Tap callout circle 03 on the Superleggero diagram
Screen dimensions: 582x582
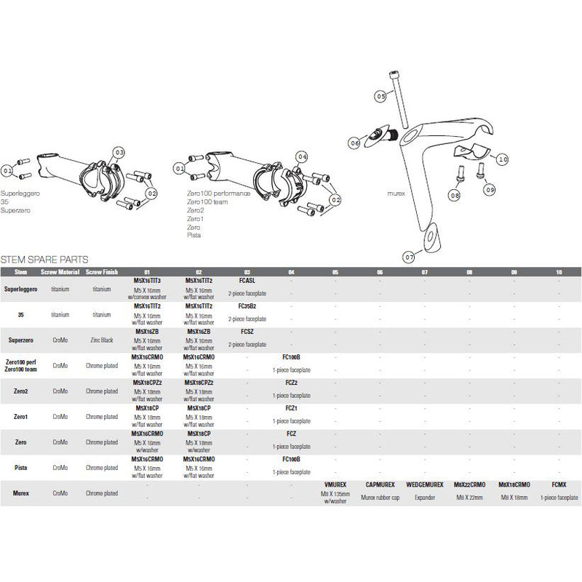[119, 151]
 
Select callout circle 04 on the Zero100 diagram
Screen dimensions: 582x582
[302, 156]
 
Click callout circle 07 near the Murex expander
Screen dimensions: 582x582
[408, 257]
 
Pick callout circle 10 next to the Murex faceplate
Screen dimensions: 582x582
[503, 159]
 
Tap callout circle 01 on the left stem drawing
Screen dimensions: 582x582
[8, 170]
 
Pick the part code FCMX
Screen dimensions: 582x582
[559, 484]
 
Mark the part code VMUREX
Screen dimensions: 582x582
[335, 484]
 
